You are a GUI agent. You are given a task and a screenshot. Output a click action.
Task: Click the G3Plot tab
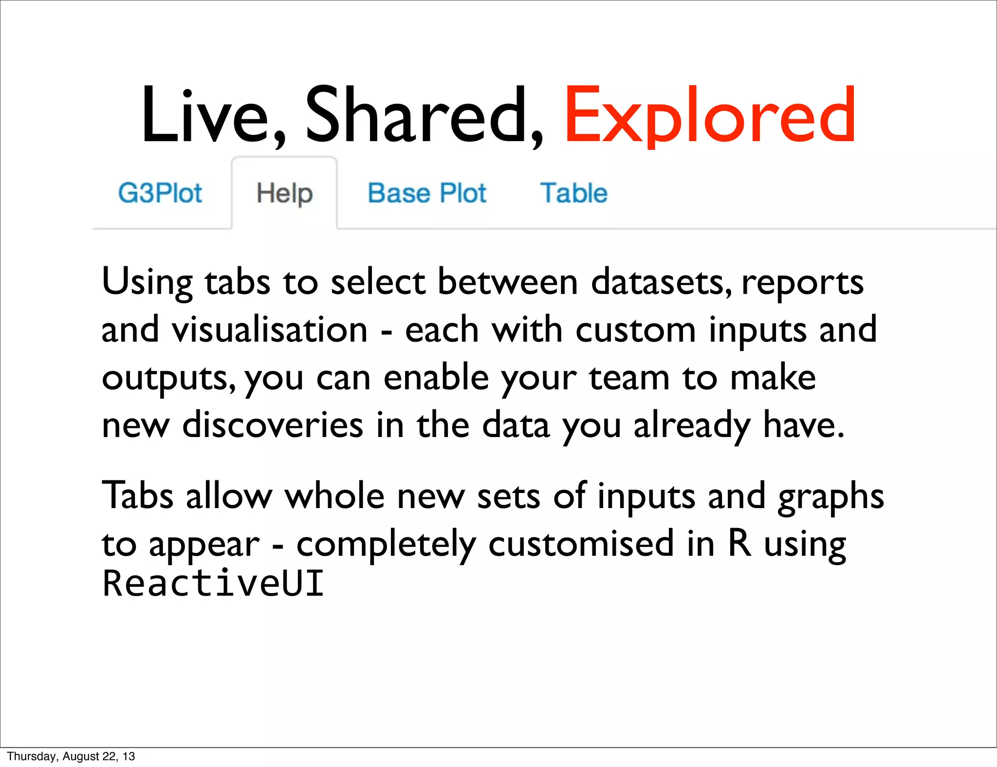[160, 193]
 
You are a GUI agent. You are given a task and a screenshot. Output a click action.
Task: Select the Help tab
[284, 194]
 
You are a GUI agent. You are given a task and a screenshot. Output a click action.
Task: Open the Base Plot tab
[426, 193]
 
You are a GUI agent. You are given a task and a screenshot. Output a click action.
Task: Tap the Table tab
[573, 193]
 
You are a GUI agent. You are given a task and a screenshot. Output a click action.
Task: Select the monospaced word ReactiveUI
[213, 583]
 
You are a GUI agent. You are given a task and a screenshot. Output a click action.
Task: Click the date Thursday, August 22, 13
[71, 756]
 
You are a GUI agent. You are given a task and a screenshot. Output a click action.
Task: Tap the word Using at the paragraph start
[147, 282]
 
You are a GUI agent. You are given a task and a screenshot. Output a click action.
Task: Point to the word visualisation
[269, 330]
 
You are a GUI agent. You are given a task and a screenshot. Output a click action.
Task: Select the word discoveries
[273, 425]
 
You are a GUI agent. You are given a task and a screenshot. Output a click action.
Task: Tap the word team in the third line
[628, 378]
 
